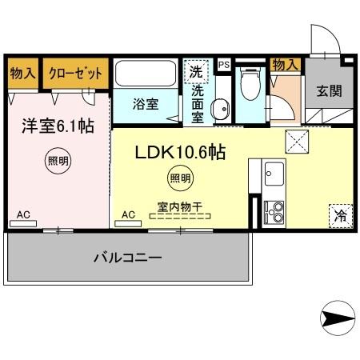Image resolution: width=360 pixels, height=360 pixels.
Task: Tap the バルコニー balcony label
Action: tap(128, 258)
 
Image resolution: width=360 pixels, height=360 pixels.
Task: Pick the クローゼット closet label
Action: tap(75, 74)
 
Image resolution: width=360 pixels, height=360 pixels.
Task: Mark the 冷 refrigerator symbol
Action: tap(339, 215)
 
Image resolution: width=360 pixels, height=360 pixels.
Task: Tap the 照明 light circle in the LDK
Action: tap(179, 178)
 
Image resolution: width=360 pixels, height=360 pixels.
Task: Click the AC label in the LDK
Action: tap(128, 214)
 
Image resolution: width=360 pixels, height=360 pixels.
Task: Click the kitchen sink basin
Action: tap(274, 174)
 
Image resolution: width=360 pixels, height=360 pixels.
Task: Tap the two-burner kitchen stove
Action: tap(274, 210)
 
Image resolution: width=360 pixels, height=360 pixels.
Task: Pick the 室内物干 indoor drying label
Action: tap(179, 206)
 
